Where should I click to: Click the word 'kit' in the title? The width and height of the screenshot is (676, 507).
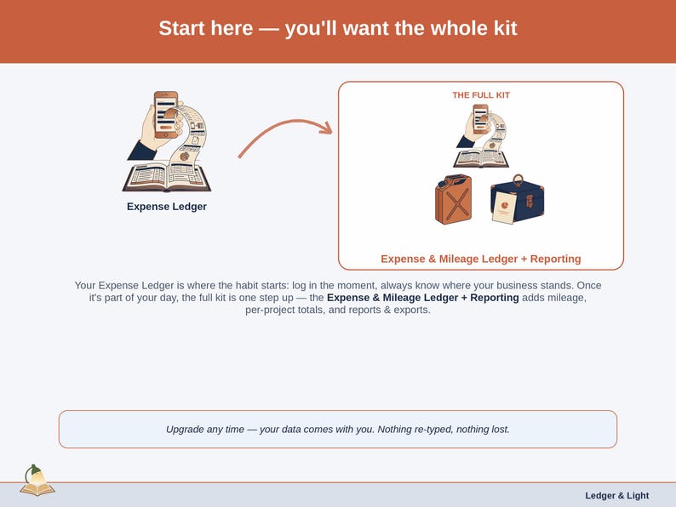[x=505, y=28]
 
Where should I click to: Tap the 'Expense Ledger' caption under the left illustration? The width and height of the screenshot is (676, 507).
[x=167, y=207]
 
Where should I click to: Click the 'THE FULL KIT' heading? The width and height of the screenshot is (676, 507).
[x=481, y=95]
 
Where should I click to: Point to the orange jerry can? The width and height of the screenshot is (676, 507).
[x=453, y=199]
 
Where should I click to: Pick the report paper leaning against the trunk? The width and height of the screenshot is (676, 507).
[x=504, y=208]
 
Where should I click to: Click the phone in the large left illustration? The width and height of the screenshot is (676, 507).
[x=166, y=115]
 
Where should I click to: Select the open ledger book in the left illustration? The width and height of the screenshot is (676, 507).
[x=167, y=178]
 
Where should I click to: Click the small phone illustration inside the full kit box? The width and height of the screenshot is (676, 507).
[x=481, y=119]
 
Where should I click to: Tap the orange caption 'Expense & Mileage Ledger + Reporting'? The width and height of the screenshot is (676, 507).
[x=481, y=259]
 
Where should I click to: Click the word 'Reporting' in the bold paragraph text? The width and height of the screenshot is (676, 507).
[x=495, y=298]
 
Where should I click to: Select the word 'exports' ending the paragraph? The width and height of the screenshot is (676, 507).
[x=411, y=310]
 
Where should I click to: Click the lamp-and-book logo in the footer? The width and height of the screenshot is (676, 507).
[x=37, y=481]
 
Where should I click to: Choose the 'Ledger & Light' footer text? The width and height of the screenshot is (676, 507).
[x=617, y=496]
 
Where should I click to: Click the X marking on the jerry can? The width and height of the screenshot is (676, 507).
[x=457, y=202]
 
